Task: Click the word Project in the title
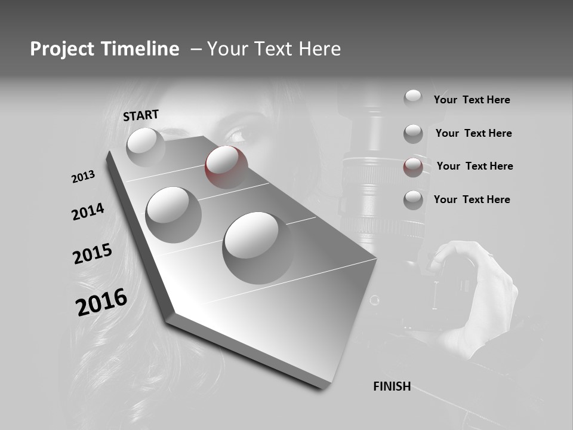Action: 58,49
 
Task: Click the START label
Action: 141,115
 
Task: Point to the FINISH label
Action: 392,386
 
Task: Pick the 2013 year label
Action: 83,177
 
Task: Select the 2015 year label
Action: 93,254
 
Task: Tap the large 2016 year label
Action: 101,302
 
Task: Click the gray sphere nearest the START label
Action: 146,146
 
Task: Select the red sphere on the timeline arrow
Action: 226,167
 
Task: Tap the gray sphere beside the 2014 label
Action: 174,214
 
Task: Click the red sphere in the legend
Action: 413,167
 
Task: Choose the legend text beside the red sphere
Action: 475,166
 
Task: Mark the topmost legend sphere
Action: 413,98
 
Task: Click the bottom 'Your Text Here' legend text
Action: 472,199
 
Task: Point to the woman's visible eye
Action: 238,136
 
